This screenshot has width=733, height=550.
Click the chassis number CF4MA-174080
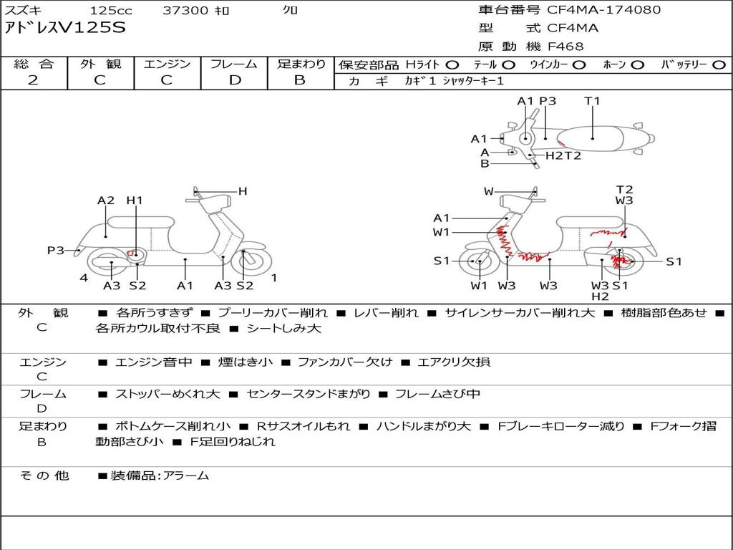click(603, 10)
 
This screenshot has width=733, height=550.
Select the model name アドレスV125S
click(65, 28)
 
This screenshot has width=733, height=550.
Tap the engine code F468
click(565, 47)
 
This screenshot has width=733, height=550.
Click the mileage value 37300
click(185, 10)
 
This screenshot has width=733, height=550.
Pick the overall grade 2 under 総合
click(33, 80)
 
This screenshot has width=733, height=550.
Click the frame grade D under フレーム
click(235, 80)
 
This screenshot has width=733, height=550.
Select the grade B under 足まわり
click(300, 80)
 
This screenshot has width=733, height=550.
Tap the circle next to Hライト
click(452, 65)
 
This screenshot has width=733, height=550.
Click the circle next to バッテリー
click(719, 65)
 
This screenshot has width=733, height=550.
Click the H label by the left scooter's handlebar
click(242, 191)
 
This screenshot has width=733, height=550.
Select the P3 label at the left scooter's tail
click(55, 251)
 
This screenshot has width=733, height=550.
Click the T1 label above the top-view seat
click(592, 101)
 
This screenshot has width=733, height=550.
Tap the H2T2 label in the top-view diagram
click(563, 155)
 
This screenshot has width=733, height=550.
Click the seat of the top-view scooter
click(591, 139)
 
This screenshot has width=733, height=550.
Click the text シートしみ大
click(284, 328)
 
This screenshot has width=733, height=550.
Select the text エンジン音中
click(153, 362)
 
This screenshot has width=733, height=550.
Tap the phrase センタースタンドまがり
click(309, 395)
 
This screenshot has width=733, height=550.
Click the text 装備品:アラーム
click(160, 476)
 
